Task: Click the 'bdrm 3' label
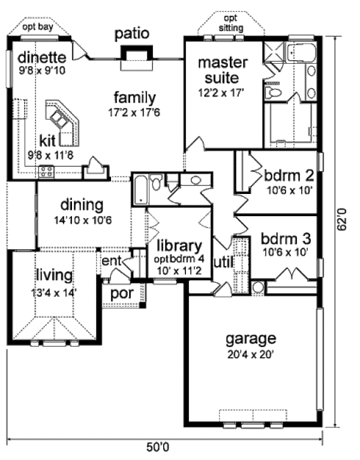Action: point(284,238)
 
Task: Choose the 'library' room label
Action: point(178,246)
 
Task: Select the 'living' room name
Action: point(53,276)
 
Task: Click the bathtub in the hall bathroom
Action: point(140,189)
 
